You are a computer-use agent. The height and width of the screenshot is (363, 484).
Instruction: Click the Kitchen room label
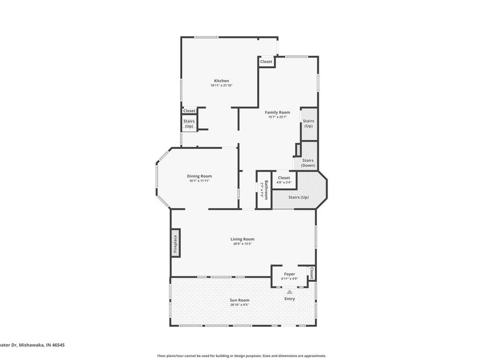[221, 81]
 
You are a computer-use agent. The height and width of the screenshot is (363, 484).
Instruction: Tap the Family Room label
[277, 112]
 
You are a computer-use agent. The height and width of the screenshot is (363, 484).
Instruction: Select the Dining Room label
[199, 176]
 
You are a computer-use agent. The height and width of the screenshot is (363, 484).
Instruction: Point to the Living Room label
[242, 239]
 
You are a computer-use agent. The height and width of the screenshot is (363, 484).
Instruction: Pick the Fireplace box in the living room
[175, 243]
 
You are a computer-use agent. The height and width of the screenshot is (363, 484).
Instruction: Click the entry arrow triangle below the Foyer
[289, 292]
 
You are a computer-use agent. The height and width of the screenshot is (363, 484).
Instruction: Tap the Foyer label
[289, 274]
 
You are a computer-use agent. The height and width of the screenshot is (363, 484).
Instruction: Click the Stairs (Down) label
[308, 162]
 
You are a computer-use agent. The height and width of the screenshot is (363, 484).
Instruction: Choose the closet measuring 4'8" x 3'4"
[283, 180]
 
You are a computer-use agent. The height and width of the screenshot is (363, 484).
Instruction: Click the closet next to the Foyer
[311, 273]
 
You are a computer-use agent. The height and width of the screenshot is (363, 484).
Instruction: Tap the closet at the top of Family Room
[266, 62]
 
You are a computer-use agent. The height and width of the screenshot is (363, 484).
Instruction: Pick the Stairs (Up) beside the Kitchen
[189, 124]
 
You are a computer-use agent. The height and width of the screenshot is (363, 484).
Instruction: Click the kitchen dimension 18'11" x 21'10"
[221, 86]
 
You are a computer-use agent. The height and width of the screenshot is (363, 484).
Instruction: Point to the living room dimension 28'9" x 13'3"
[242, 244]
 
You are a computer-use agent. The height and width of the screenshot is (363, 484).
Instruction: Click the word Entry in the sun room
[290, 298]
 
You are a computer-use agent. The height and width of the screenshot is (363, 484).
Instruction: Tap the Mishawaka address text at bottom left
[30, 346]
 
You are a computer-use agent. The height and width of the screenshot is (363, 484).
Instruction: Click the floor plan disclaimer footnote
[241, 355]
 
